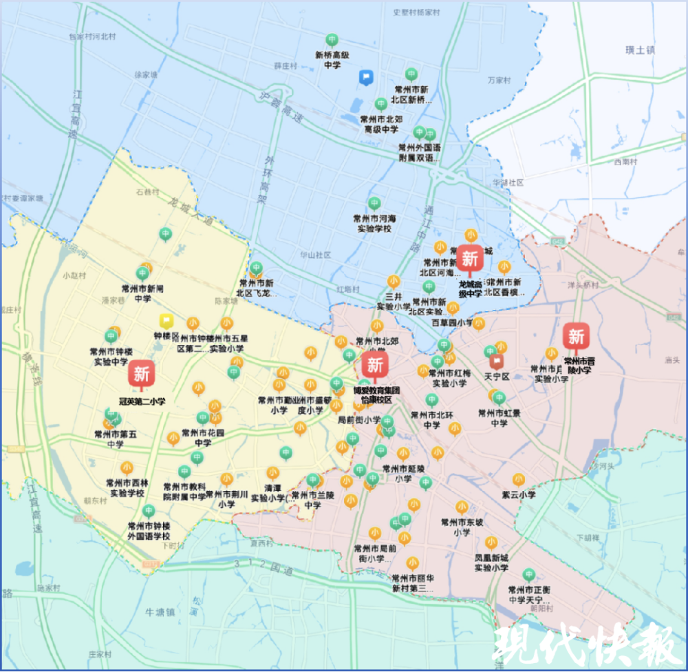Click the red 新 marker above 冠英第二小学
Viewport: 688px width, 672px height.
pos(141,374)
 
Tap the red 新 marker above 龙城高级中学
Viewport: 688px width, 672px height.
pos(471,260)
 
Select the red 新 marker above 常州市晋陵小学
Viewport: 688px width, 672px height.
pos(575,337)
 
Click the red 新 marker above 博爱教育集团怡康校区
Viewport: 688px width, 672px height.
pos(375,364)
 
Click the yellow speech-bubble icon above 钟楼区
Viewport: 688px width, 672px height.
pos(166,321)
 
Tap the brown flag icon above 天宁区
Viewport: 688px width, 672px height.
pos(495,361)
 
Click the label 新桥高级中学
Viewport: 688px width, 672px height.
pos(332,60)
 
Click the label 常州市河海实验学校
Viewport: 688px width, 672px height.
pos(374,224)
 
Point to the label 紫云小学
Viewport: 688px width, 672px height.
pos(518,494)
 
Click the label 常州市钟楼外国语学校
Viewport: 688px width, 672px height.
pos(149,530)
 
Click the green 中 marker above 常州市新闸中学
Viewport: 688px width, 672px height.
pos(142,273)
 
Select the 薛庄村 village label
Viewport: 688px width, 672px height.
pos(285,66)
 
